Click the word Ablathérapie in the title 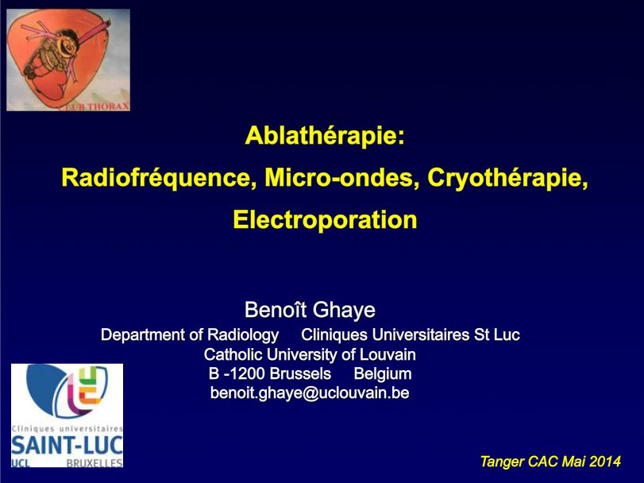point(325,136)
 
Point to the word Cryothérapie point(507,177)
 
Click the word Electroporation point(325,219)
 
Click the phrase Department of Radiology point(190,334)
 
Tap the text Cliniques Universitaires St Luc point(411,334)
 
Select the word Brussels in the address point(300,373)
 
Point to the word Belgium point(383,373)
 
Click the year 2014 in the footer point(605,461)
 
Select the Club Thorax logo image point(67,60)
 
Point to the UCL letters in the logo point(21,462)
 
